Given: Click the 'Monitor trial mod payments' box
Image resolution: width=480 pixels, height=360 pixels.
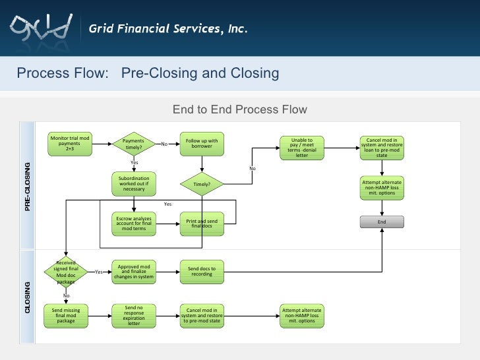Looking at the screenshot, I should pyautogui.click(x=70, y=144).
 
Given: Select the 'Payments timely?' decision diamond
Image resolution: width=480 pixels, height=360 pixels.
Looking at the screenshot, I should pyautogui.click(x=134, y=144).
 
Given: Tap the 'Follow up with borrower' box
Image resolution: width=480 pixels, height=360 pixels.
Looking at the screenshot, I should pyautogui.click(x=202, y=144).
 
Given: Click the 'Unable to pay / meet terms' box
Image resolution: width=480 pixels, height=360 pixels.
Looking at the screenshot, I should pyautogui.click(x=302, y=147).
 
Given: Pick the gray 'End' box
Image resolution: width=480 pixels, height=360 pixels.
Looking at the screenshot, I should pyautogui.click(x=382, y=222).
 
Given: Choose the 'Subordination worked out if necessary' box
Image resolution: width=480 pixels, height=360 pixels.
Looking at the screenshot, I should pyautogui.click(x=134, y=184).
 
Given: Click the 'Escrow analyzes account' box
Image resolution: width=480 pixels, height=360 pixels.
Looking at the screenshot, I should pyautogui.click(x=134, y=224).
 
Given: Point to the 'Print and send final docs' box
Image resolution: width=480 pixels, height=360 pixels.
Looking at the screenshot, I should pyautogui.click(x=202, y=224).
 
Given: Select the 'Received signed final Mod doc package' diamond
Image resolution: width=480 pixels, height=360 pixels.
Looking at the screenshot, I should pyautogui.click(x=66, y=272).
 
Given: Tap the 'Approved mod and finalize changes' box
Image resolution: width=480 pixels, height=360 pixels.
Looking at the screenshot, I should pyautogui.click(x=134, y=272).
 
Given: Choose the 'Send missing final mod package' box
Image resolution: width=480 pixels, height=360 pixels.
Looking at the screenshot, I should pyautogui.click(x=66, y=315).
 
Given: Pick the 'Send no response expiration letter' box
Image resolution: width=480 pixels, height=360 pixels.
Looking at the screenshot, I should pyautogui.click(x=134, y=315).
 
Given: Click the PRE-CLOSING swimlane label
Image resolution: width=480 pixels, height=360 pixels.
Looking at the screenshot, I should pyautogui.click(x=28, y=187).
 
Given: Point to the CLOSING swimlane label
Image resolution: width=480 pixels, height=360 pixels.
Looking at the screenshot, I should pyautogui.click(x=28, y=297).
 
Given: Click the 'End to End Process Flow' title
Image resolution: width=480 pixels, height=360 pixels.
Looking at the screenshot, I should pyautogui.click(x=240, y=109).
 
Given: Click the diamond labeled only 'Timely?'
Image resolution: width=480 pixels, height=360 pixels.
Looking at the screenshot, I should pyautogui.click(x=202, y=185).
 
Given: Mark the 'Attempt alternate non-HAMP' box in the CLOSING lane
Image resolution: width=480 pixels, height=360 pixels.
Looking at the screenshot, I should pyautogui.click(x=302, y=315).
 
